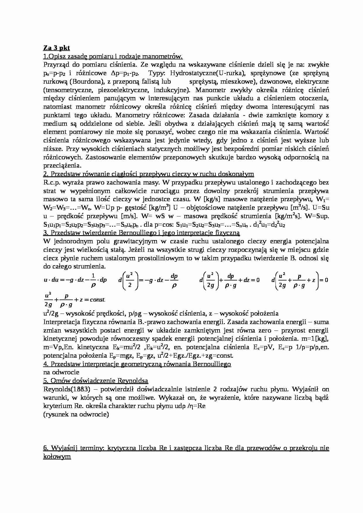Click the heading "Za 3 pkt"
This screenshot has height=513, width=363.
coord(56,48)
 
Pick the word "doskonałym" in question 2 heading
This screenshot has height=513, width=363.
coord(239,174)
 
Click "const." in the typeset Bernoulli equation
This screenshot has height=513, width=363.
coord(98,300)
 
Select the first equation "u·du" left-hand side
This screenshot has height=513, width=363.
coord(50,280)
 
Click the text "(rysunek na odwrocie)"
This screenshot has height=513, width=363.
coord(76,414)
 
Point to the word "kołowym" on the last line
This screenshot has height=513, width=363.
coord(57,457)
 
